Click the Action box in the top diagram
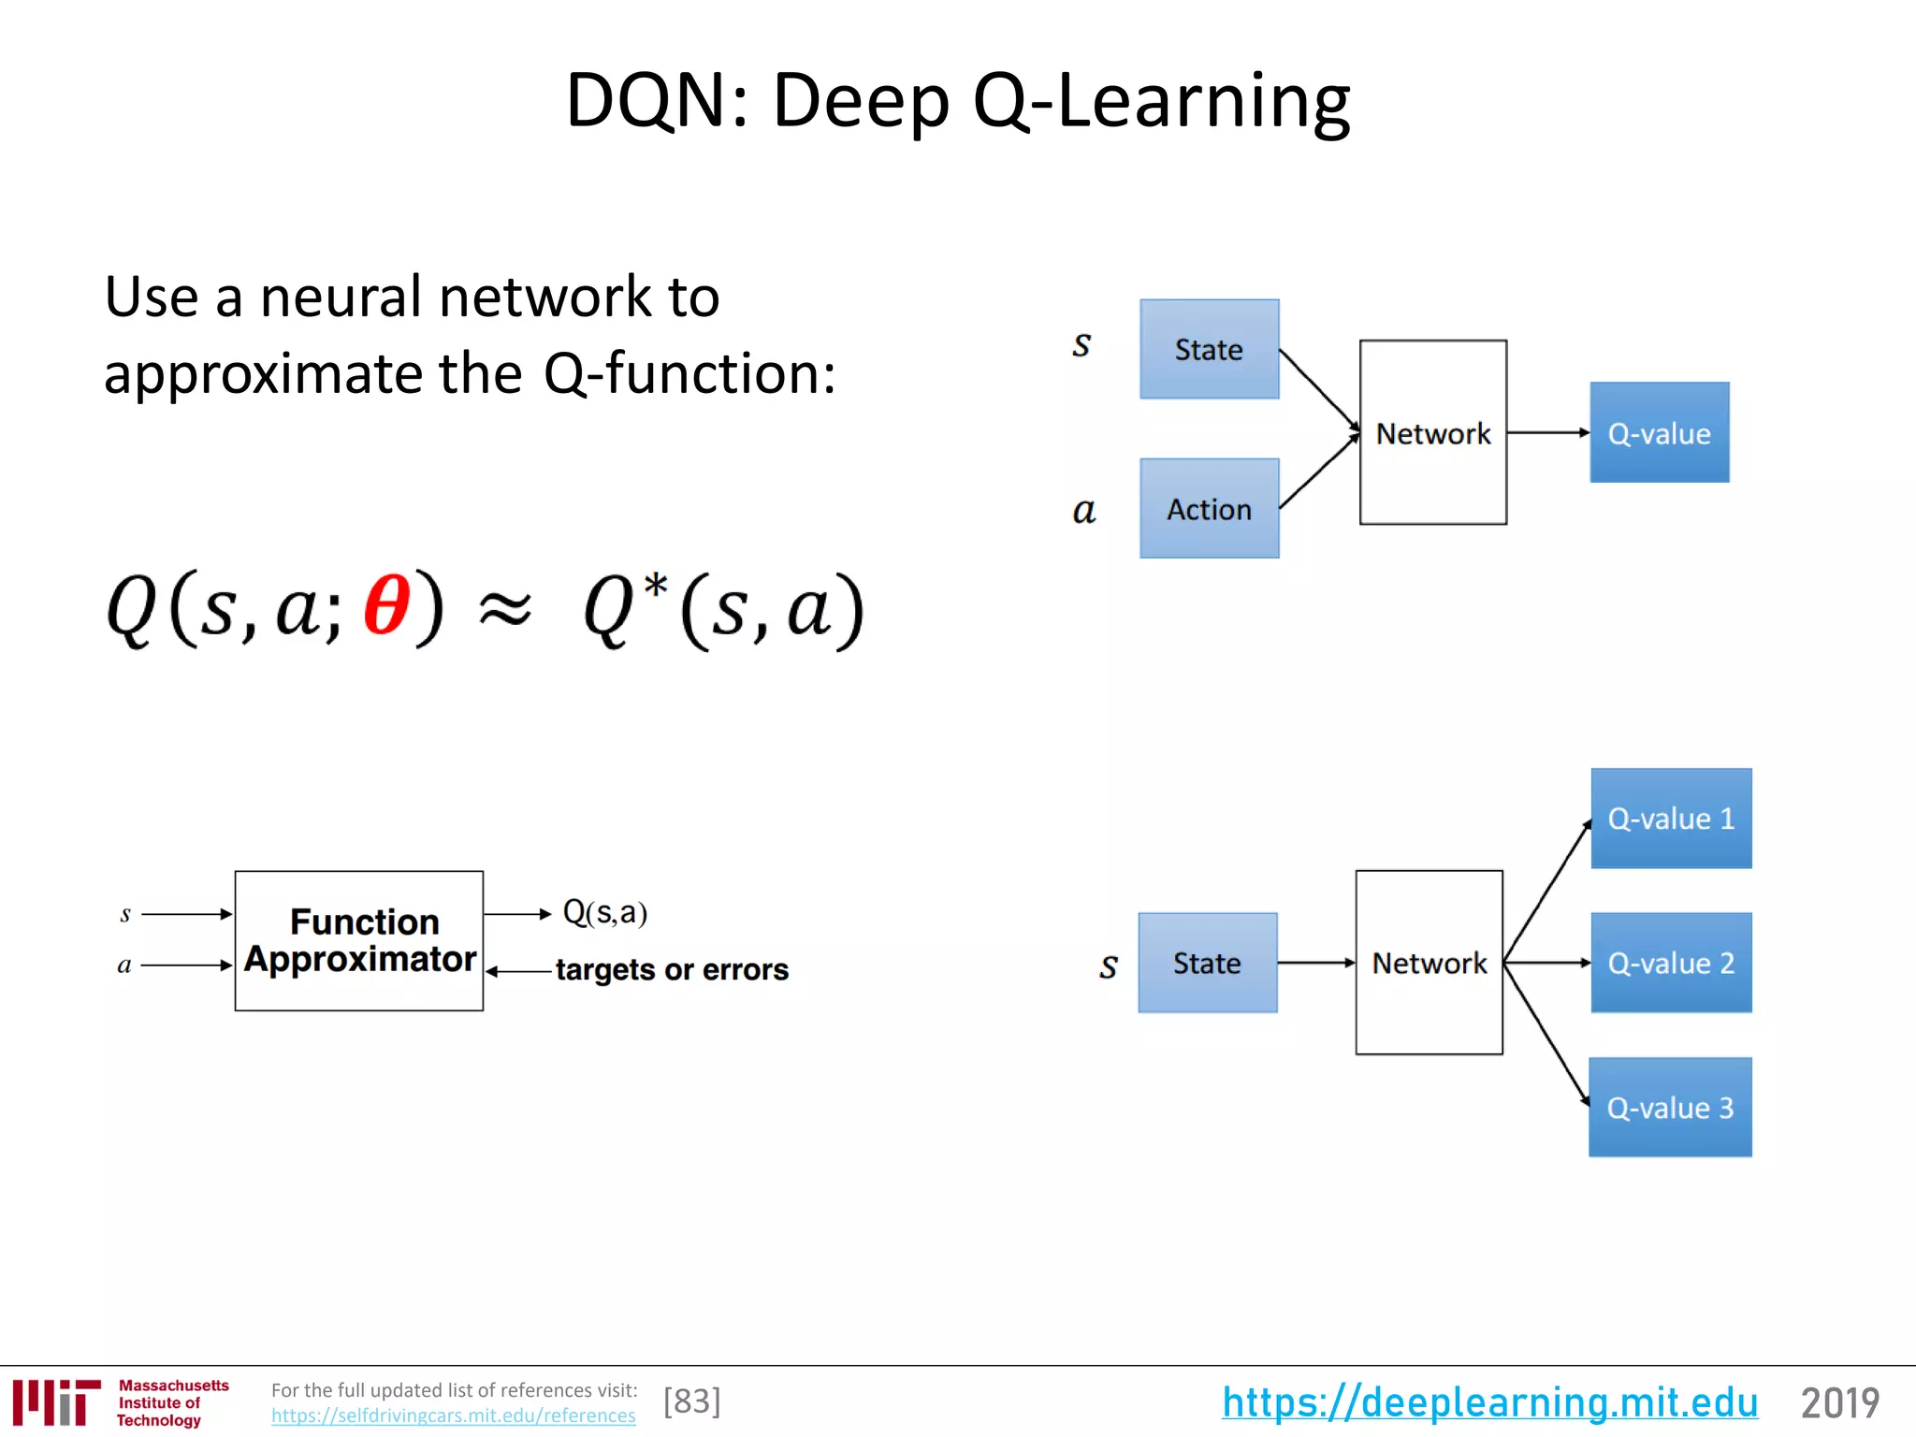coord(1209,508)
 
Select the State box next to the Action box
coord(1209,349)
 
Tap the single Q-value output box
coord(1659,432)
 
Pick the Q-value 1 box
coord(1671,819)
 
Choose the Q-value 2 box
coord(1671,963)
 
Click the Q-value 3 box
coord(1670,1108)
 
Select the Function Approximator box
coord(359,940)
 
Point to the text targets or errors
coord(672,970)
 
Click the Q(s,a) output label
coord(605,912)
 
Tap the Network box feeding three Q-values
coord(1429,963)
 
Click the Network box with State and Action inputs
coord(1432,432)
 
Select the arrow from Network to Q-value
coord(1547,432)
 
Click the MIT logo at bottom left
coord(56,1402)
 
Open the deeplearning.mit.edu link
coord(1489,1402)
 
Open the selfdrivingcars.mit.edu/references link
coord(453,1415)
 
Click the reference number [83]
coord(692,1401)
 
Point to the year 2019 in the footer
coord(1839,1402)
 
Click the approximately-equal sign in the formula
coord(505,611)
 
